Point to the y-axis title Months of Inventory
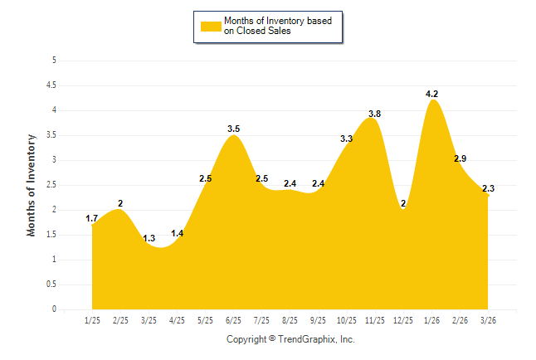click(32, 185)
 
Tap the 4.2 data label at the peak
click(431, 95)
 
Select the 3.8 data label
click(374, 114)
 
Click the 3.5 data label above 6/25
click(234, 129)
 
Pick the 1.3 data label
click(149, 239)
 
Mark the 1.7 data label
click(92, 219)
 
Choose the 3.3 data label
click(347, 139)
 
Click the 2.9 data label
click(460, 158)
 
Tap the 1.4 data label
click(178, 234)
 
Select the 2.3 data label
click(488, 189)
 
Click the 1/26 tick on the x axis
click(431, 319)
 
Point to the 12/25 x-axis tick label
click(403, 319)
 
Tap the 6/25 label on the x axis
click(234, 319)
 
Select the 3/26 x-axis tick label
click(488, 319)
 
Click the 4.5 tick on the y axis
click(51, 85)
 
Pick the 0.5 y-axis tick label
click(51, 285)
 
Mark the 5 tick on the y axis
click(54, 61)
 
